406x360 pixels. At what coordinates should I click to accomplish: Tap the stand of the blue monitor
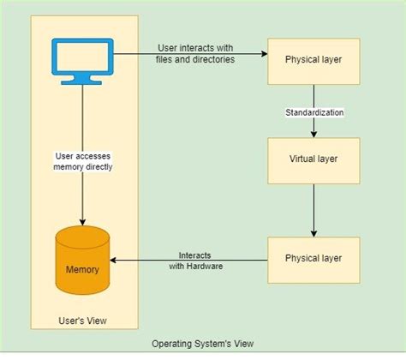[82, 78]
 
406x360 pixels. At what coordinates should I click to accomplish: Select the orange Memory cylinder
[82, 261]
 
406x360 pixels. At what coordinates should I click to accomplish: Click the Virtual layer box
[313, 159]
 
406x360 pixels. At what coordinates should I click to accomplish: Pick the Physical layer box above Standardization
[313, 60]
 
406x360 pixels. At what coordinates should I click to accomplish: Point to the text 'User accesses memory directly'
[82, 160]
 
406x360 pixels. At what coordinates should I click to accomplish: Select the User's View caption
[82, 321]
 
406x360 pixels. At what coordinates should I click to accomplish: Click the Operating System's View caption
[203, 344]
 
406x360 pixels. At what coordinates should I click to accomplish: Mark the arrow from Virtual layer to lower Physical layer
[313, 210]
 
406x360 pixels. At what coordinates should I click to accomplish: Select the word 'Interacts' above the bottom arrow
[196, 255]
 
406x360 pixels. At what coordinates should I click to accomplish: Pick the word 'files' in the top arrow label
[168, 59]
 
